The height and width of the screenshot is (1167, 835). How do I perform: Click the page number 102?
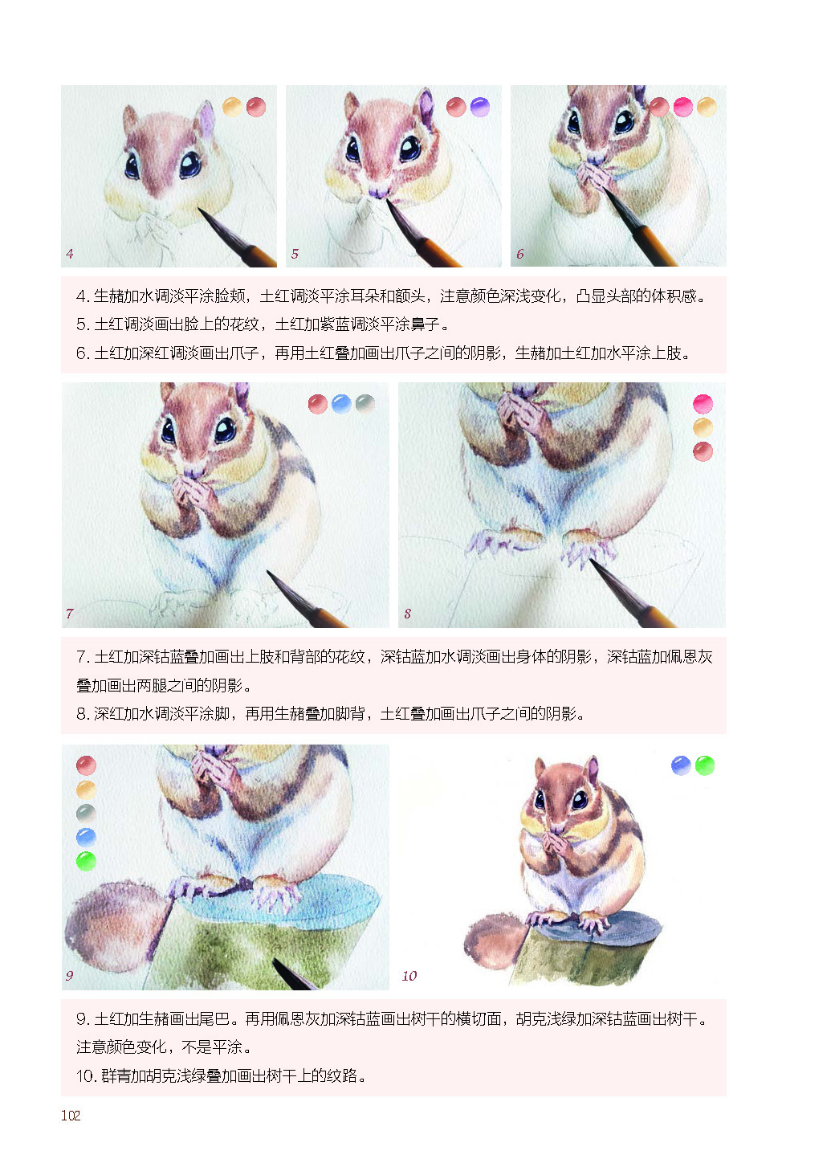71,1115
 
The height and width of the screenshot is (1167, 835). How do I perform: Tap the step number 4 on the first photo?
70,254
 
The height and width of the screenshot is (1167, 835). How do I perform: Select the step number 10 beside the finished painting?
409,976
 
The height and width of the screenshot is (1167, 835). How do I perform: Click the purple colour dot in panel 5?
480,108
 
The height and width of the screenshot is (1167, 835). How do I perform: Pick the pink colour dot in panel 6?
683,108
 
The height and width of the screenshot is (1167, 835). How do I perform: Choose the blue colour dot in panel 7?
341,404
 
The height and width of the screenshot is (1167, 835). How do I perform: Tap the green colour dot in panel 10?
705,765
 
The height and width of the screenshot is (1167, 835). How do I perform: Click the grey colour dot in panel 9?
86,814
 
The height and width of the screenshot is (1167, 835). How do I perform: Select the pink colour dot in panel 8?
703,404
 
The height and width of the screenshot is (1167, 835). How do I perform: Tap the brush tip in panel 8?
591,561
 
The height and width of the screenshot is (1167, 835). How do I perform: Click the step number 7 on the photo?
70,613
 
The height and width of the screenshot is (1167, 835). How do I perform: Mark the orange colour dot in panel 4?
232,108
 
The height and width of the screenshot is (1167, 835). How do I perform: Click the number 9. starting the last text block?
83,1018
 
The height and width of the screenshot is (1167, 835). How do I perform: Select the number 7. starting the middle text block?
83,657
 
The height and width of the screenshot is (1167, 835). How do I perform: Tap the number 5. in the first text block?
83,324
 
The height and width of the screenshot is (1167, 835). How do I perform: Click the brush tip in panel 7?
270,573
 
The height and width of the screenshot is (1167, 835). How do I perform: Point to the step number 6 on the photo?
519,254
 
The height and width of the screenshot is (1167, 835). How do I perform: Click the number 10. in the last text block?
86,1075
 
